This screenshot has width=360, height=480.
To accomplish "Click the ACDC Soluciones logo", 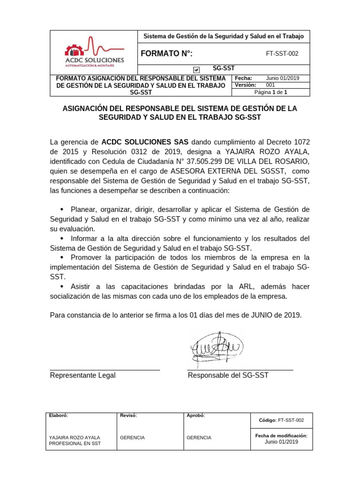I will [94, 52].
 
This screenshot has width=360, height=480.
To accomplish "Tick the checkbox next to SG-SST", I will [196, 70].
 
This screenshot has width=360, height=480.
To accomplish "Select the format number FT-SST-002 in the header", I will [282, 53].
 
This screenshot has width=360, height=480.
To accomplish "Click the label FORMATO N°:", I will [166, 53].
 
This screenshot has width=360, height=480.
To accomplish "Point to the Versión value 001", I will [270, 85].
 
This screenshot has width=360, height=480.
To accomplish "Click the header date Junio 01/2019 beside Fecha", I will [282, 78].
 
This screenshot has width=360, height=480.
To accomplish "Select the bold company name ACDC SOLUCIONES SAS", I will [145, 142].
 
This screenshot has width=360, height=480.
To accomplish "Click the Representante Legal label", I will [82, 375].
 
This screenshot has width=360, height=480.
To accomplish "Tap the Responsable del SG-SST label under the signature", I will [228, 375].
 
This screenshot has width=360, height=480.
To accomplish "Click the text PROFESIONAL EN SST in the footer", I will [75, 443].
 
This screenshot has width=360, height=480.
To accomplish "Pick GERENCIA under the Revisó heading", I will [132, 437].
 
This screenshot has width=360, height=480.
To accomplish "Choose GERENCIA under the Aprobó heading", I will [199, 437].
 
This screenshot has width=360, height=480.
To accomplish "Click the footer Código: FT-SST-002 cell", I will [281, 420].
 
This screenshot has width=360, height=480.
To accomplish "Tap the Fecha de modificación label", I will [281, 435].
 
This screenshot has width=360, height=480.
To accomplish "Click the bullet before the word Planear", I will [62, 209].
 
